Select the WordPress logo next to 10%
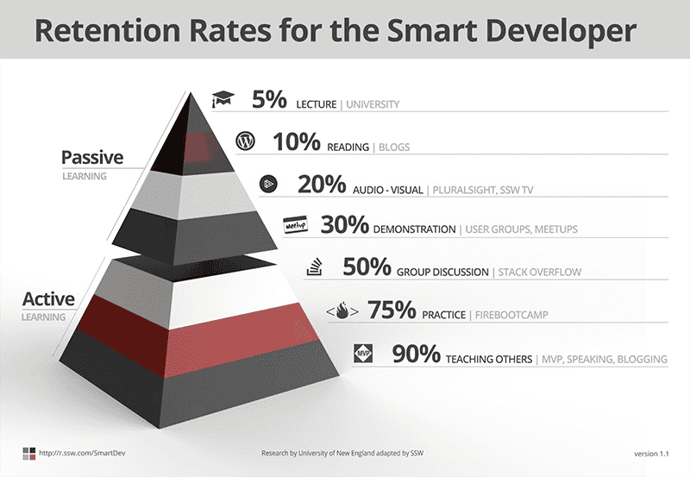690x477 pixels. click(245, 141)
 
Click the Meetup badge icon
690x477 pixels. click(296, 225)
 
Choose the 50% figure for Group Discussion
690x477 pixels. click(367, 267)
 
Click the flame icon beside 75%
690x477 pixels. click(342, 310)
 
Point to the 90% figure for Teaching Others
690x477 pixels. click(417, 353)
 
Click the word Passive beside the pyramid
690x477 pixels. click(92, 157)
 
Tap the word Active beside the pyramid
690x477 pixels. click(48, 299)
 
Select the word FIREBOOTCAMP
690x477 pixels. click(511, 314)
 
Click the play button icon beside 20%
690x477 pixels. click(269, 184)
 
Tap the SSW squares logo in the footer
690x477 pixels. click(30, 452)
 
